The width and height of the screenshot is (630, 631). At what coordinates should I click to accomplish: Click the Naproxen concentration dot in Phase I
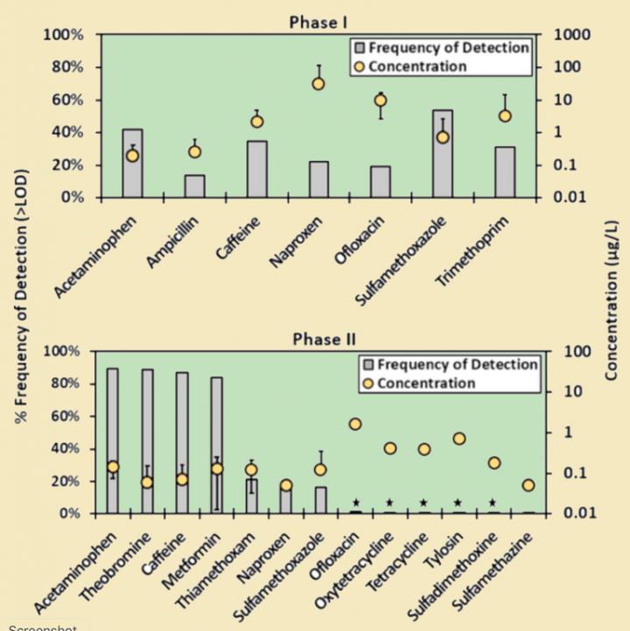pyautogui.click(x=318, y=84)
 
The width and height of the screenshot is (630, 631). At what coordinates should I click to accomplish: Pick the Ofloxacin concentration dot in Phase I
pyautogui.click(x=381, y=101)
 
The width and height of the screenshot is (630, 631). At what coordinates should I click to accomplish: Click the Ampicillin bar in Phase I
pyautogui.click(x=194, y=186)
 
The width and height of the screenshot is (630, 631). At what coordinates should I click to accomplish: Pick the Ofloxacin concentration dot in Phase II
pyautogui.click(x=355, y=424)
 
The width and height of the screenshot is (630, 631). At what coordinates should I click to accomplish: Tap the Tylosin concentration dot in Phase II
pyautogui.click(x=458, y=438)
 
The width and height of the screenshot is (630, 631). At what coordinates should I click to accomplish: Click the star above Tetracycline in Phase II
pyautogui.click(x=423, y=503)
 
